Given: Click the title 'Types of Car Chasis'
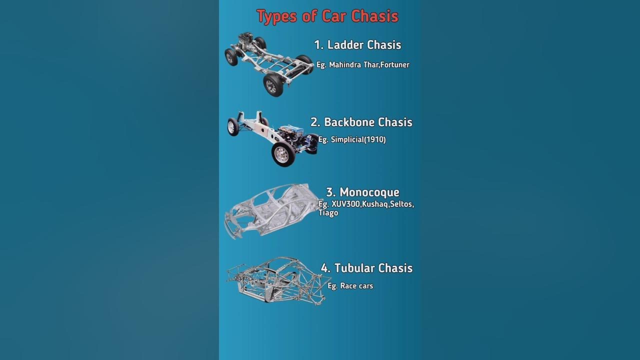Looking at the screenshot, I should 327,16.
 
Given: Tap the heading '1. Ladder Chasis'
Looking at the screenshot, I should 357,45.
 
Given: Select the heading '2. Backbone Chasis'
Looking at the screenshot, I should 361,122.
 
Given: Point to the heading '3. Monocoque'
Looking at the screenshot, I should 362,192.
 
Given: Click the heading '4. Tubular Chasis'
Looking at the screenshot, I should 366,268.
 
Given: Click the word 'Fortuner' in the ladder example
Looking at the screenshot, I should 394,65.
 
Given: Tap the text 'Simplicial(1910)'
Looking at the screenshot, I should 358,140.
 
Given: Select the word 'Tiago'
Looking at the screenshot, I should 328,213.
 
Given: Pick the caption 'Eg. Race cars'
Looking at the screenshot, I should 350,286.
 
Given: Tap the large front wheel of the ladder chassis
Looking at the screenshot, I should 273,85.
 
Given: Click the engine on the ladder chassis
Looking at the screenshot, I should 245,39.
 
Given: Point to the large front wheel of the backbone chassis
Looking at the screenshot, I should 283,154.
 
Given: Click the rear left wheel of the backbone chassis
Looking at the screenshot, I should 233,127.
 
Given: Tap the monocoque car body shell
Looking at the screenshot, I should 270,210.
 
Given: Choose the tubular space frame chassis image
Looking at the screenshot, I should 276,280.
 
